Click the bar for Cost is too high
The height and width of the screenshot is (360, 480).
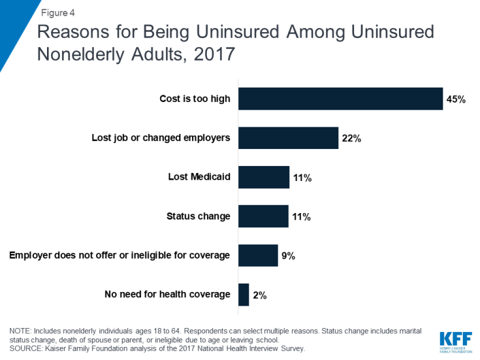pyautogui.click(x=340, y=99)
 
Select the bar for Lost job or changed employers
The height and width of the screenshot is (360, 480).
pyautogui.click(x=288, y=138)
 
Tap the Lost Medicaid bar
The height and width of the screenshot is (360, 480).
pyautogui.click(x=263, y=177)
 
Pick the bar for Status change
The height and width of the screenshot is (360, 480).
pyautogui.click(x=263, y=216)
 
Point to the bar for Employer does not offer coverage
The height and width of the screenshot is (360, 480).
pyautogui.click(x=258, y=255)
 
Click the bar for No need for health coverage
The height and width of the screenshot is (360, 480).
pyautogui.click(x=244, y=295)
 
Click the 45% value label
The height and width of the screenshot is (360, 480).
pyautogui.click(x=456, y=99)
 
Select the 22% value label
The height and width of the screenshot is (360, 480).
pyautogui.click(x=351, y=139)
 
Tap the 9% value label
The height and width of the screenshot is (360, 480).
pyautogui.click(x=288, y=256)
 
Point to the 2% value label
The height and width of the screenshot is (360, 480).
pyautogui.click(x=259, y=295)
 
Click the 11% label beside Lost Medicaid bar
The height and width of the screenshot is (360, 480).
pyautogui.click(x=301, y=178)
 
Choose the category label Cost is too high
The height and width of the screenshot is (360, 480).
pyautogui.click(x=195, y=99)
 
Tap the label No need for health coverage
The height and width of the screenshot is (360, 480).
pyautogui.click(x=167, y=295)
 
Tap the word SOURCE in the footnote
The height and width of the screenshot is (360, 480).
pyautogui.click(x=27, y=349)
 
